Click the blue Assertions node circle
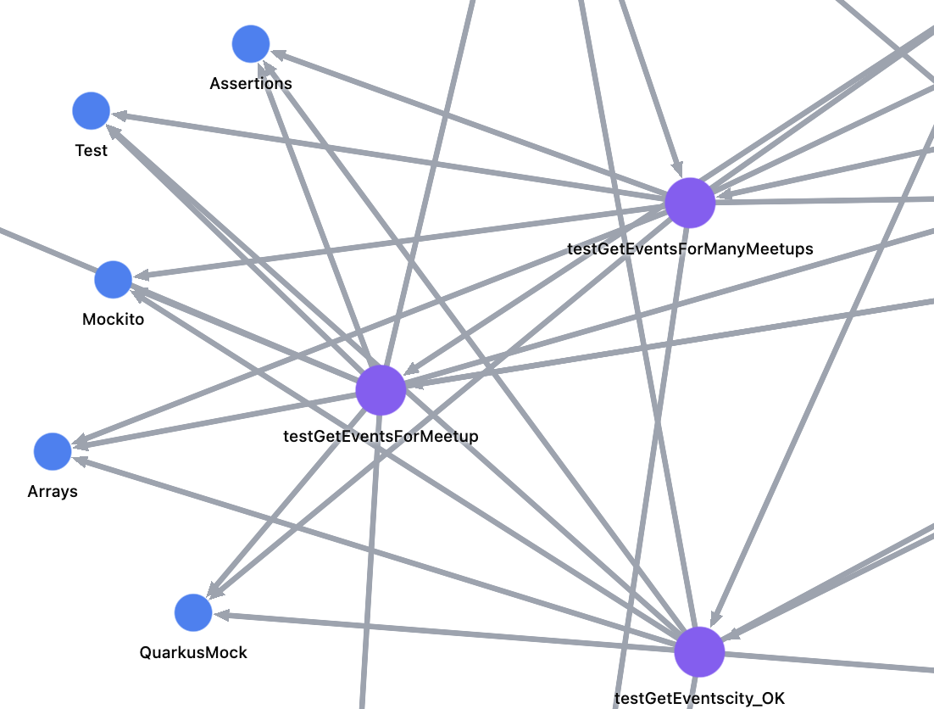pos(251,44)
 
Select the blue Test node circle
pos(92,111)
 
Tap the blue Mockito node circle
pos(114,280)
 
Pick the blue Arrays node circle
pos(53,451)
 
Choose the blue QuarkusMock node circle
pos(193,612)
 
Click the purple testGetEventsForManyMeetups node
pos(690,204)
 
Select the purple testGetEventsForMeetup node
pos(381,390)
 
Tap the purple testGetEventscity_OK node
pos(699,652)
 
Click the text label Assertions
pos(251,83)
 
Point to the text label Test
pos(92,151)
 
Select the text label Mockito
pos(114,320)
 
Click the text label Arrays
pos(53,491)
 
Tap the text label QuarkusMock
pos(193,652)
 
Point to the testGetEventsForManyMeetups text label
pos(690,248)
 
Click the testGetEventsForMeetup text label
pos(381,436)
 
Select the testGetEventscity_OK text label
pos(699,699)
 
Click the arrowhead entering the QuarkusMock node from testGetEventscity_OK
pos(221,615)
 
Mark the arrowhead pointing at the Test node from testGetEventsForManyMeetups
pos(120,115)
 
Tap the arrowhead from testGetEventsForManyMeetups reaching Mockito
pos(142,276)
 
